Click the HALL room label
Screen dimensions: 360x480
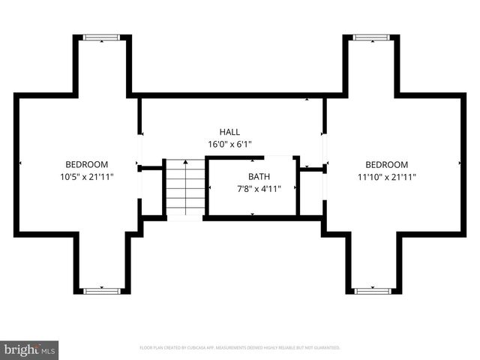(229, 132)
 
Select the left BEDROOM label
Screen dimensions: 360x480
(86, 164)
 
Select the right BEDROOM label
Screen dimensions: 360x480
(386, 164)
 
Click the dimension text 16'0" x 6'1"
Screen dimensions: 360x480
(229, 144)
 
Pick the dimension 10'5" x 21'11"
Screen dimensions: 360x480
(86, 177)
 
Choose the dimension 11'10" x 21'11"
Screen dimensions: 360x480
(386, 177)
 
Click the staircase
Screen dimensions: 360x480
(185, 189)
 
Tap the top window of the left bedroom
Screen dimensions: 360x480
(101, 37)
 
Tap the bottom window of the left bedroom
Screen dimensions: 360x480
(101, 290)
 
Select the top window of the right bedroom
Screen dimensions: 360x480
(371, 37)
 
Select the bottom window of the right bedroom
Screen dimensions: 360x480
(371, 290)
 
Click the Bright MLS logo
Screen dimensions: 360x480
(29, 349)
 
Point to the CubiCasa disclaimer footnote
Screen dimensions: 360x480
(240, 348)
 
